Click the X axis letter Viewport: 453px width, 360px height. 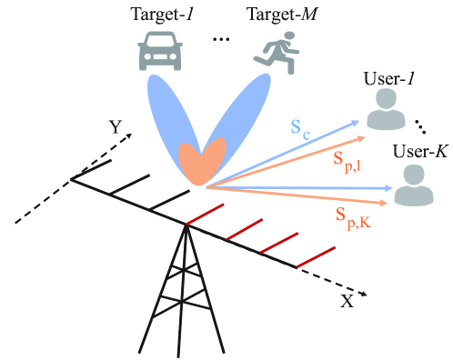[x=347, y=301]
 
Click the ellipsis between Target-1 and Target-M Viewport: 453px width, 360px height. [x=218, y=41]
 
